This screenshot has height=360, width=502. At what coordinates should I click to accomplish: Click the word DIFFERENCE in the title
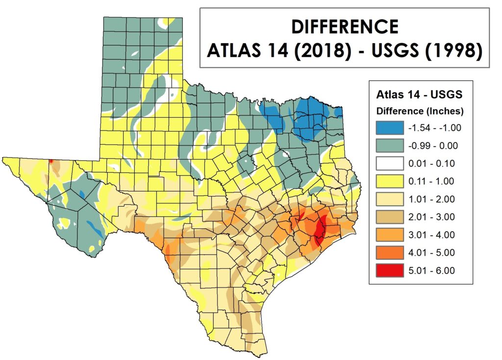point(345,26)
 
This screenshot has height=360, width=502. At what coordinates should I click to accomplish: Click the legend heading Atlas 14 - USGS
point(419,94)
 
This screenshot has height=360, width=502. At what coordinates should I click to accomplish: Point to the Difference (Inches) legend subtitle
point(419,111)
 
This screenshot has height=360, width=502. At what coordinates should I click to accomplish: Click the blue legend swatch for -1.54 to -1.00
point(390,128)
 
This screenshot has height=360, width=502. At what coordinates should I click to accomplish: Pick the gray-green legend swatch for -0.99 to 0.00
point(390,145)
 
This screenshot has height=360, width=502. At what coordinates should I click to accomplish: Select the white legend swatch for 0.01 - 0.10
point(390,163)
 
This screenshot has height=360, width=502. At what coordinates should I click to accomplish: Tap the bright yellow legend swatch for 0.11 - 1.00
point(390,181)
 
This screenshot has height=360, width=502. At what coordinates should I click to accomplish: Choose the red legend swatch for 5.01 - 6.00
point(390,270)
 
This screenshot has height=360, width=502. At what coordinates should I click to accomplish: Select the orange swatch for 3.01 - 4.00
point(390,235)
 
